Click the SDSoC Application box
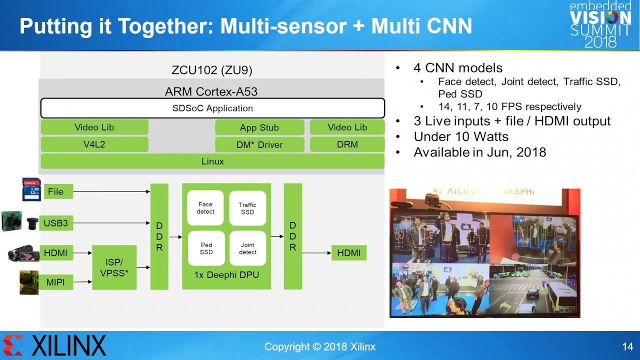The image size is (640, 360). [x=212, y=108]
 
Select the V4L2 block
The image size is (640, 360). [x=94, y=144]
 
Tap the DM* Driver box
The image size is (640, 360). [x=259, y=144]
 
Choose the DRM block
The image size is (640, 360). [x=347, y=144]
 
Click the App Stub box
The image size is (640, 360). [x=259, y=127]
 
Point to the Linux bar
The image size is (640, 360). [x=212, y=161]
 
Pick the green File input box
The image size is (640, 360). [x=57, y=191]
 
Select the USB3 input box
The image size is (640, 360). [x=56, y=223]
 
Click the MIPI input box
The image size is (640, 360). [x=56, y=282]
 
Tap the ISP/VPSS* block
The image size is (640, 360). [x=114, y=267]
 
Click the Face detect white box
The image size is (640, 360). [x=205, y=208]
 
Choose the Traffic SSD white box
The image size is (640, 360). [x=247, y=208]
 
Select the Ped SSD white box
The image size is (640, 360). [x=206, y=248]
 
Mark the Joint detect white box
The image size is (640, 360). [x=247, y=248]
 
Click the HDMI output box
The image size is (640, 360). [x=348, y=253]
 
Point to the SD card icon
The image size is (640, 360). [x=31, y=189]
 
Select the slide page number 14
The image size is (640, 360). [x=627, y=346]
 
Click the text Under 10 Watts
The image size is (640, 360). [x=461, y=136]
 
